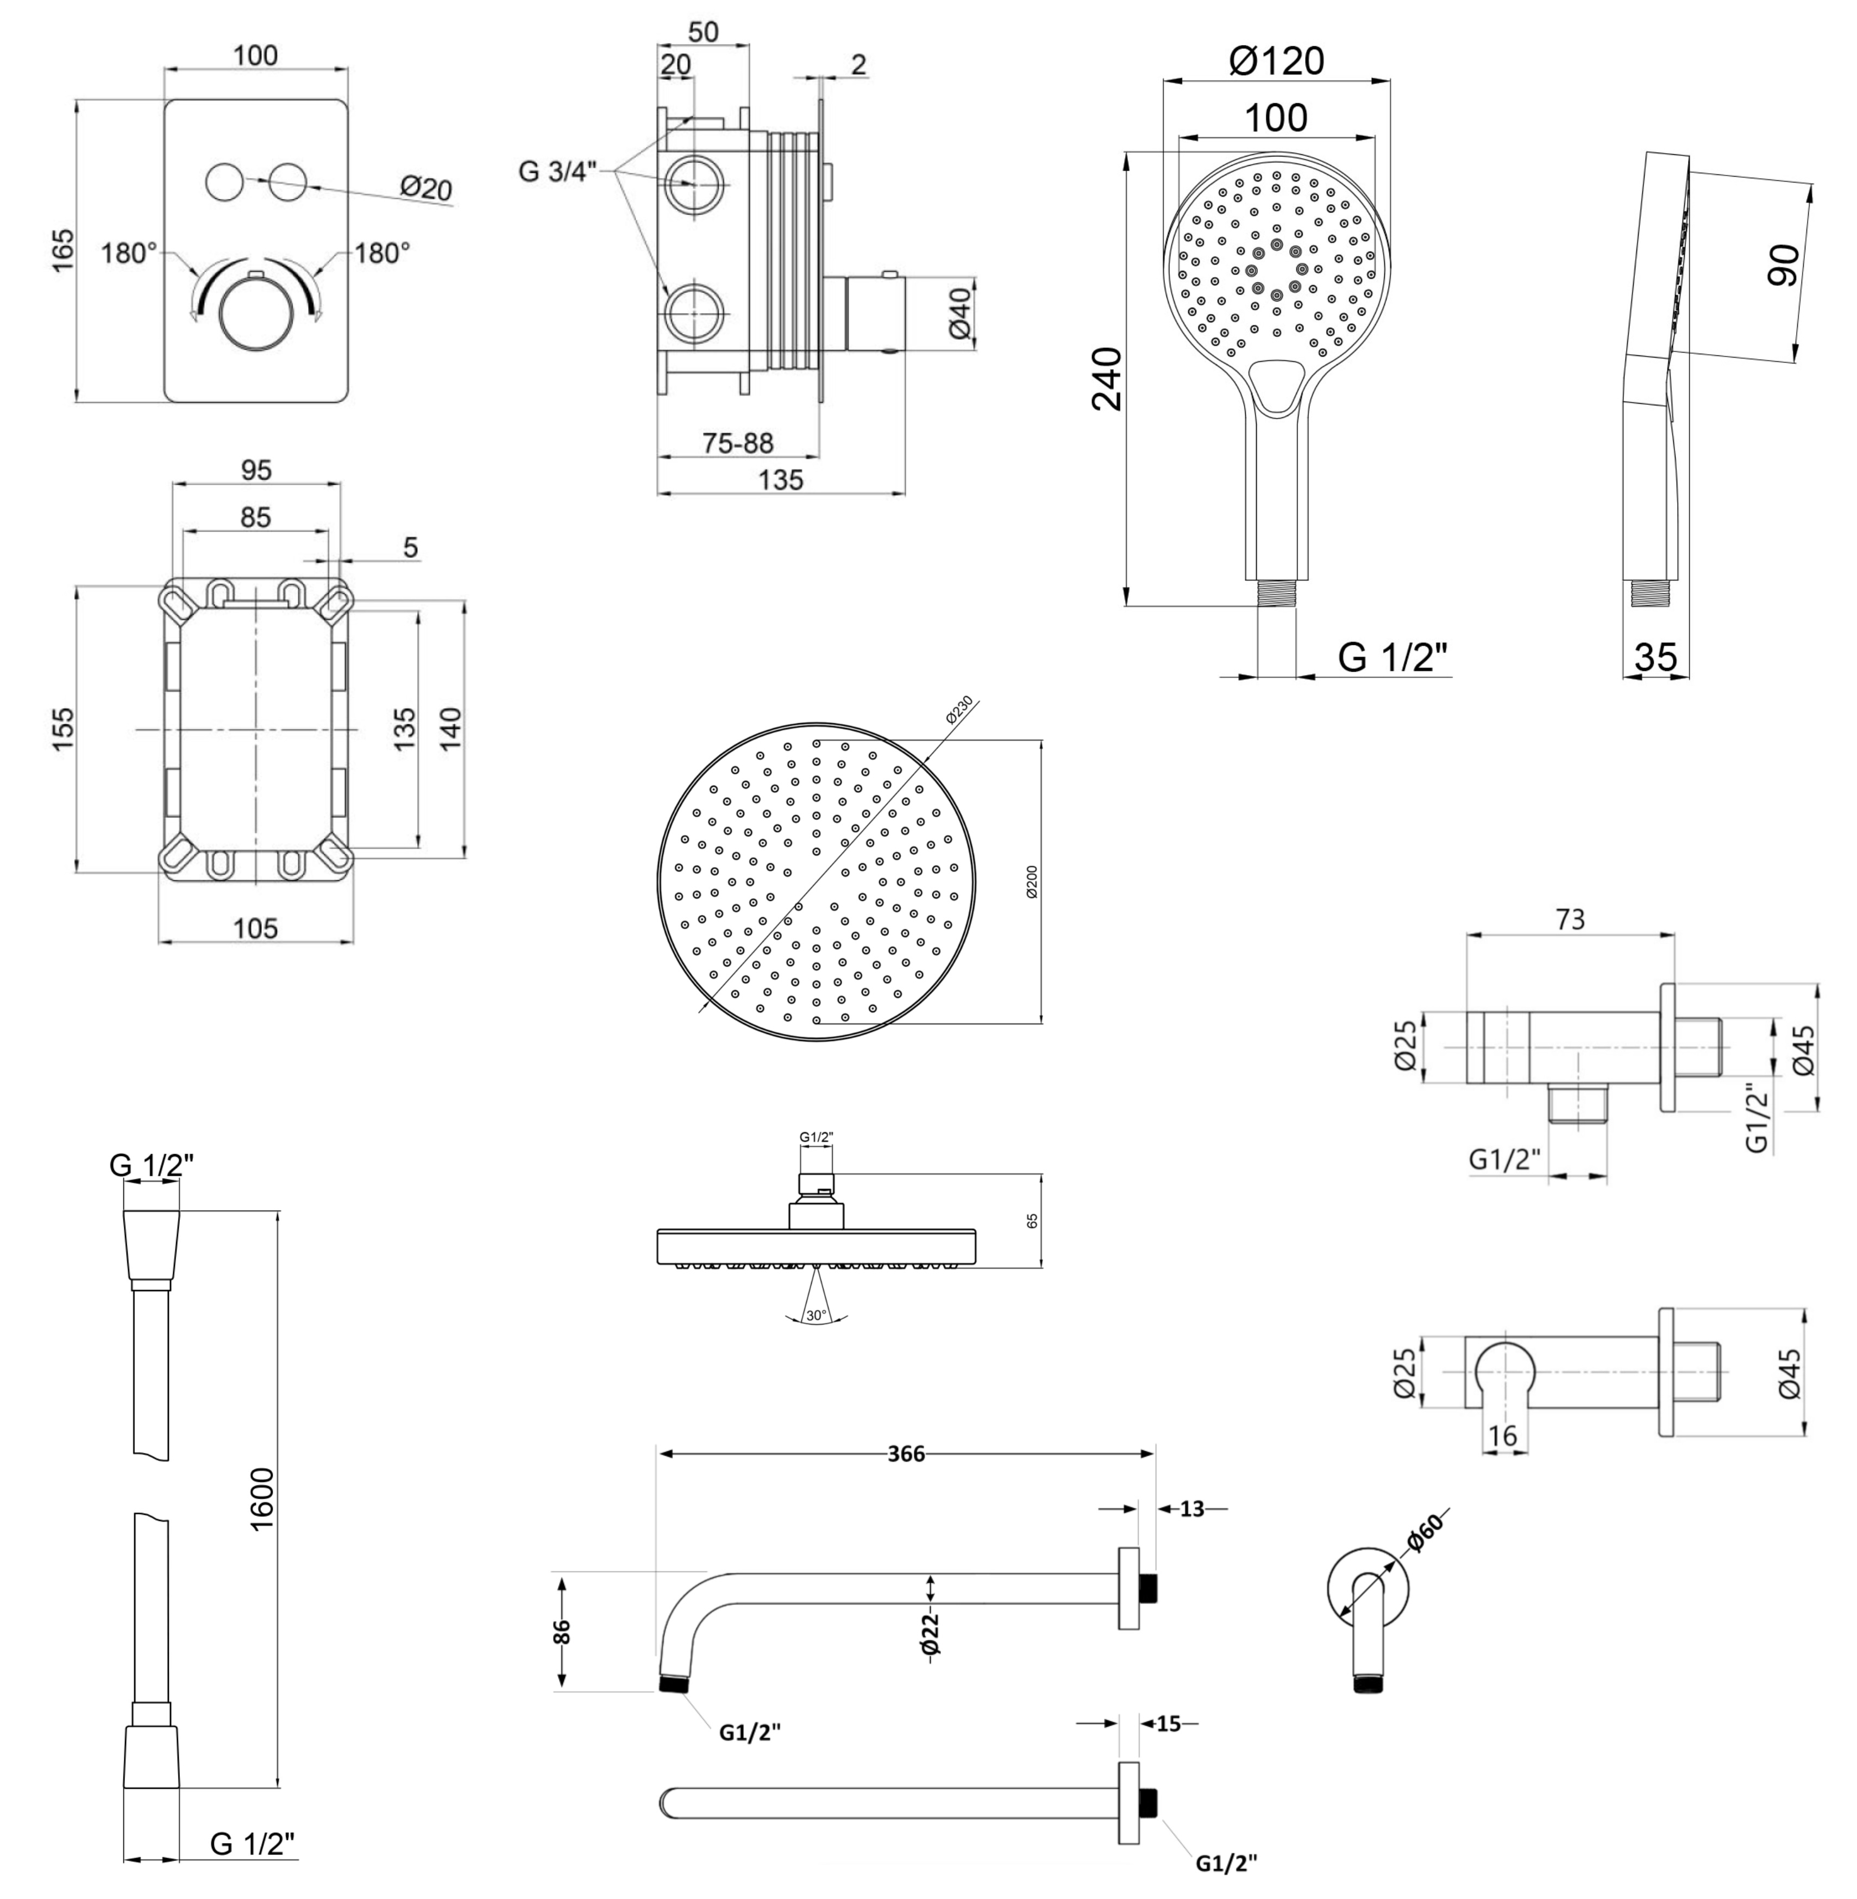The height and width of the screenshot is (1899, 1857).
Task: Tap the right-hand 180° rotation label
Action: tap(381, 254)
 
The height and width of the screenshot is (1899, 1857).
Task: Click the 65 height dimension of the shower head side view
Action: tap(1032, 1221)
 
